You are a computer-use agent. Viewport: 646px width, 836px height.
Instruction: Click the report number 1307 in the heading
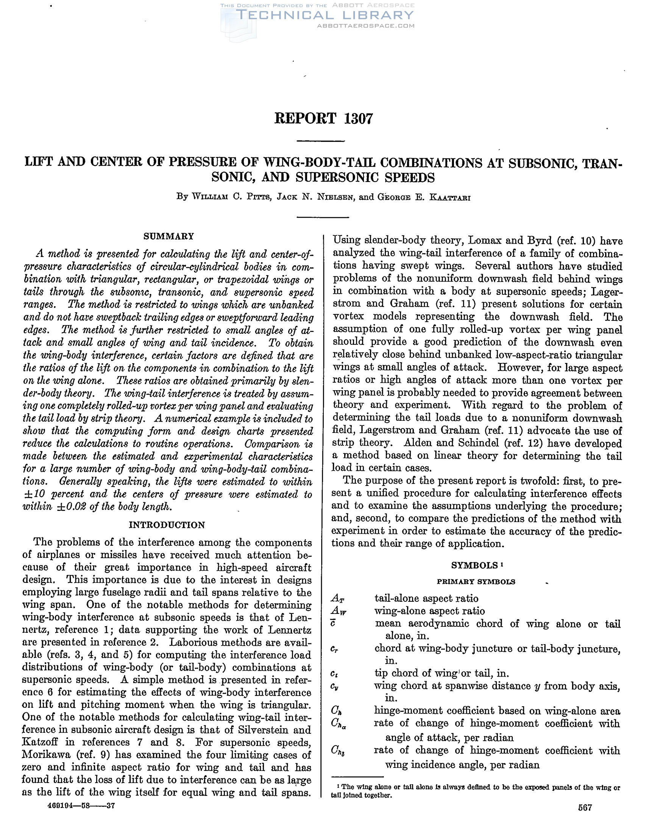click(x=359, y=119)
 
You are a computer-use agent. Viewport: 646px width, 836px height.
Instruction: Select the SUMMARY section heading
click(x=169, y=236)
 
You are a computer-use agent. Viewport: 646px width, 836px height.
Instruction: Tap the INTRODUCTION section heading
click(x=167, y=525)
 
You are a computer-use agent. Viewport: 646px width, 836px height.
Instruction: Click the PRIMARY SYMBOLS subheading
click(x=476, y=582)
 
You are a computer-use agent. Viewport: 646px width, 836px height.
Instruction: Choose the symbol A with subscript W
click(x=339, y=611)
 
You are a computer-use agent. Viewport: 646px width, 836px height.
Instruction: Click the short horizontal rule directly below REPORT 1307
click(x=321, y=141)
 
